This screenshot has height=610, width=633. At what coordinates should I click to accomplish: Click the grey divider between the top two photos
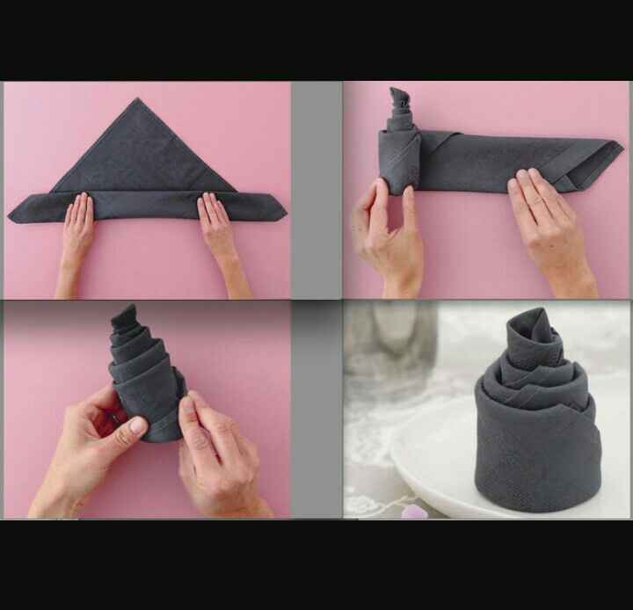(x=316, y=189)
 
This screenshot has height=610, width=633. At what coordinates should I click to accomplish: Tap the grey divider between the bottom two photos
(x=316, y=409)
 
